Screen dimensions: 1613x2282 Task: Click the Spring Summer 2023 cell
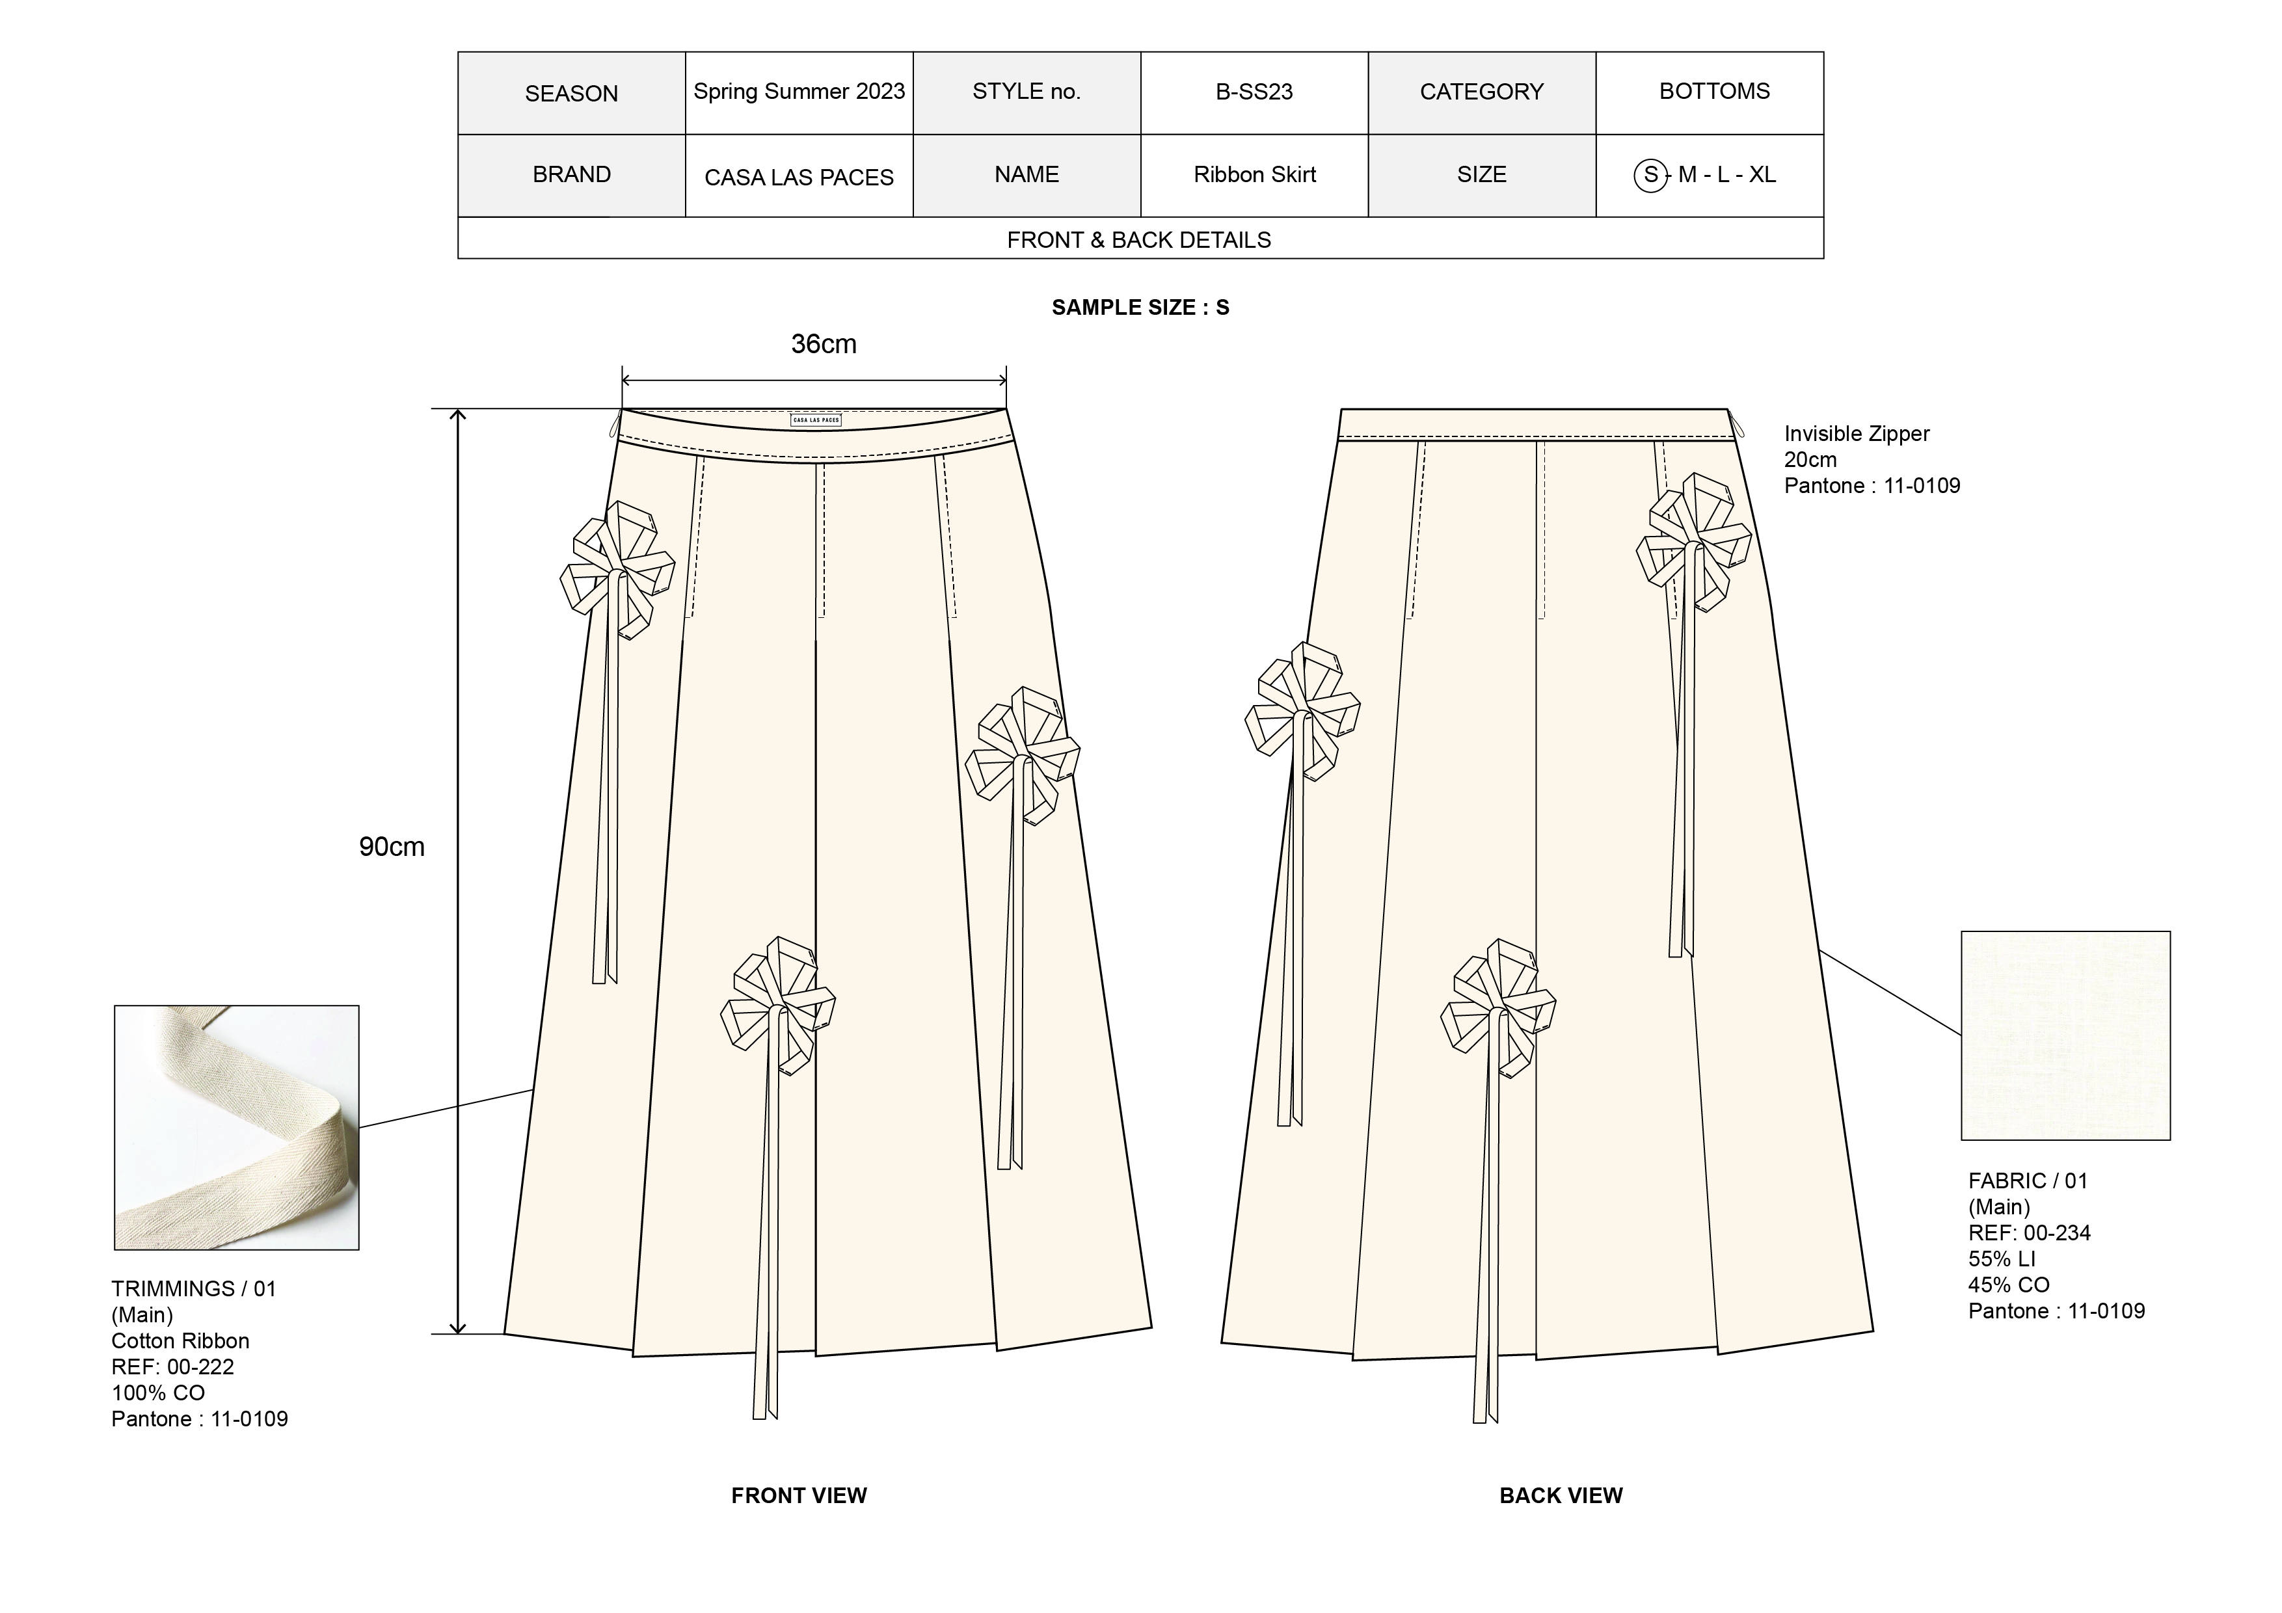click(x=799, y=92)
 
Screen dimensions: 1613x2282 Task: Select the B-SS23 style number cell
click(x=1254, y=92)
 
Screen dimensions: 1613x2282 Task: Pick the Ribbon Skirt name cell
click(x=1254, y=175)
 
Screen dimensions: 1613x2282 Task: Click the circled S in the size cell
click(x=1650, y=176)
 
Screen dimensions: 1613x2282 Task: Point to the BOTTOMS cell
click(x=1715, y=92)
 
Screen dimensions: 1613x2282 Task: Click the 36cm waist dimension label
click(x=823, y=344)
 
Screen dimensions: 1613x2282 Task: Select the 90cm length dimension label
click(x=392, y=847)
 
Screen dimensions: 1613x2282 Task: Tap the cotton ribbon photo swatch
click(x=237, y=1127)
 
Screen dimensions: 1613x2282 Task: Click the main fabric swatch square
click(x=2065, y=1035)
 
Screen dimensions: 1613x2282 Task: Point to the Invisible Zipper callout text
click(x=1857, y=434)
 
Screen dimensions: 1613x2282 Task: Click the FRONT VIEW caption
click(x=799, y=1496)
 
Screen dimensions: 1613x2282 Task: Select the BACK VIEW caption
click(x=1561, y=1496)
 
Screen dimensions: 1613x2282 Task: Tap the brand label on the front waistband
click(x=816, y=420)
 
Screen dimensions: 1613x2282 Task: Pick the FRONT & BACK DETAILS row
click(x=1139, y=239)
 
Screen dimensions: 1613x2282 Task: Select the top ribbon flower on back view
click(x=1693, y=542)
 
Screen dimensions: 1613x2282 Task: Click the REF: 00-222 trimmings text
click(x=173, y=1366)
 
